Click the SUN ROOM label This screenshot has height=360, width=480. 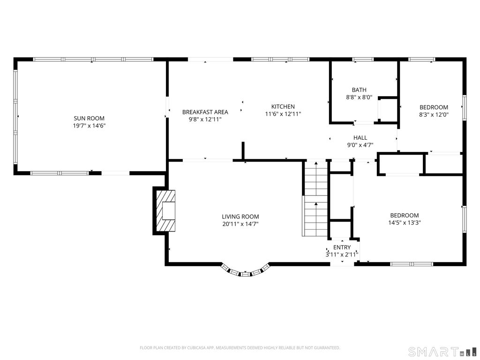[x=89, y=118]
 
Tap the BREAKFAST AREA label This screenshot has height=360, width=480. [x=205, y=112]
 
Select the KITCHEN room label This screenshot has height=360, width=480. [x=283, y=106]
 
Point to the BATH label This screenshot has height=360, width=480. [x=359, y=90]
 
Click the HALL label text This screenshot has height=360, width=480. [x=360, y=138]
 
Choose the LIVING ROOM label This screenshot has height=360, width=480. [x=240, y=217]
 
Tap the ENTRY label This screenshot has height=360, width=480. [x=342, y=247]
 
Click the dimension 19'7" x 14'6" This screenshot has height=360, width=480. [x=89, y=126]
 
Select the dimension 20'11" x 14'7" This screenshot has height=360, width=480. [x=240, y=224]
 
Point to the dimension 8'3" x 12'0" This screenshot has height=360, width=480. [x=434, y=115]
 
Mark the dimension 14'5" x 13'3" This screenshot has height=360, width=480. [x=405, y=223]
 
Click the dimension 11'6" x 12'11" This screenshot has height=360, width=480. [x=283, y=114]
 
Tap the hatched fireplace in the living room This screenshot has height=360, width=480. [x=165, y=211]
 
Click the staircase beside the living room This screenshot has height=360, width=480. [x=315, y=198]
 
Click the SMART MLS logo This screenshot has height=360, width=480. [x=443, y=351]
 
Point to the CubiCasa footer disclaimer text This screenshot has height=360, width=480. [x=240, y=348]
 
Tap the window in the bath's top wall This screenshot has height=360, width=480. [x=363, y=60]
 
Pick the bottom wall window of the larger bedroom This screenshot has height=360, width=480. [x=412, y=264]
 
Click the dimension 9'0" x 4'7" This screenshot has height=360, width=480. [x=360, y=145]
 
